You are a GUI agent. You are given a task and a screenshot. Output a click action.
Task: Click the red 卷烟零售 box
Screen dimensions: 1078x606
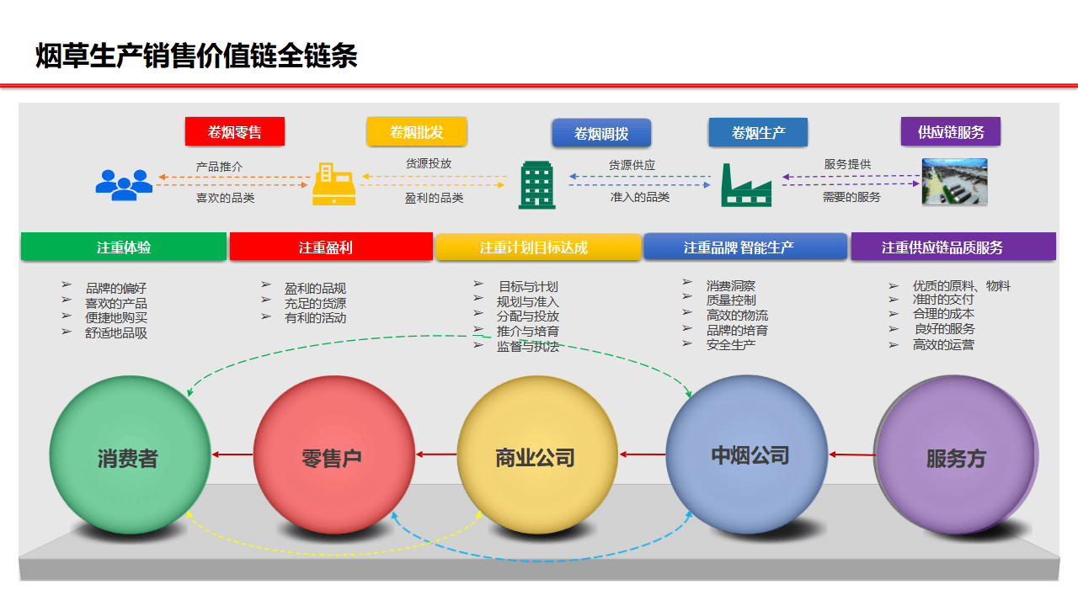(235, 132)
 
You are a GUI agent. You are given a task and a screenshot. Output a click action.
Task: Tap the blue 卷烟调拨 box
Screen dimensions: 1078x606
(601, 134)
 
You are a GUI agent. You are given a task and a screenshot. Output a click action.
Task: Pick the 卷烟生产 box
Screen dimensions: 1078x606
(758, 133)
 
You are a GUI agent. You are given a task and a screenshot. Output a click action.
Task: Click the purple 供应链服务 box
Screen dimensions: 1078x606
(951, 132)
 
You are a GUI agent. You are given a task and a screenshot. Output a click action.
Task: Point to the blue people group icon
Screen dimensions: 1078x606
(124, 184)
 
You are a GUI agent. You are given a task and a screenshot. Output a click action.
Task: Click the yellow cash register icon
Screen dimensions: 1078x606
(334, 184)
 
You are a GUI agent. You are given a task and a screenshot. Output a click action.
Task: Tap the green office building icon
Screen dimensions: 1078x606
(536, 184)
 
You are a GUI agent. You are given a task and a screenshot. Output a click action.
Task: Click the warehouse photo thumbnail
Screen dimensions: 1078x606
(954, 182)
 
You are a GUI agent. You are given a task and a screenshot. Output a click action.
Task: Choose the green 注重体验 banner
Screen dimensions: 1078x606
(124, 247)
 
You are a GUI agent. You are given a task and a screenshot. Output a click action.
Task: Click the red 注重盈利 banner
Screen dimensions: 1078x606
(330, 247)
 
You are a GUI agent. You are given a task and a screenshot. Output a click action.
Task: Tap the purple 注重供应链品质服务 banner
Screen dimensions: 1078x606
(953, 247)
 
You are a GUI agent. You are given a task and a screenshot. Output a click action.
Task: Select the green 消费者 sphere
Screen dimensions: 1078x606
(129, 457)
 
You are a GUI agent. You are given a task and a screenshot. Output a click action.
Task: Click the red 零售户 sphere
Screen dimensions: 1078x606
(333, 457)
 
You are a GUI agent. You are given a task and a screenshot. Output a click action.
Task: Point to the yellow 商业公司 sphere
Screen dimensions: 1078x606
(536, 457)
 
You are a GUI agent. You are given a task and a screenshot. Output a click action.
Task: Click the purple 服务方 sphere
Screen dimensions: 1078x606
(955, 457)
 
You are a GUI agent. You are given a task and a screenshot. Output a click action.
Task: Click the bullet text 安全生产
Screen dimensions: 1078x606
(730, 345)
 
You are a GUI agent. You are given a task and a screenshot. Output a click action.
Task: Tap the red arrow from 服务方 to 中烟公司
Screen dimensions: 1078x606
(851, 454)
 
